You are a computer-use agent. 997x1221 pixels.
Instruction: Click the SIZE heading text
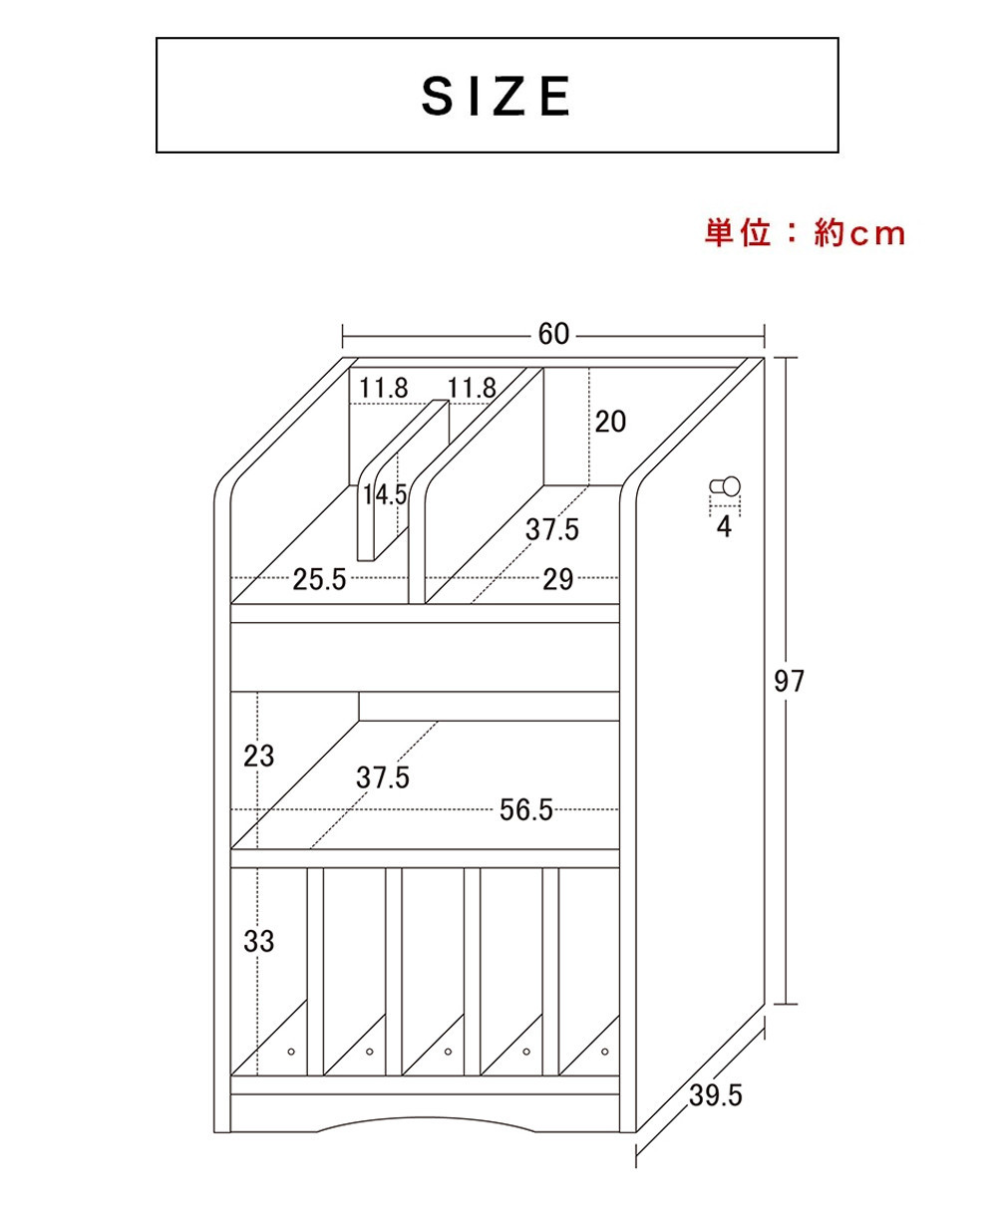coord(497,96)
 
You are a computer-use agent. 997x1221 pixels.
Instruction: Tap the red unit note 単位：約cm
coord(805,233)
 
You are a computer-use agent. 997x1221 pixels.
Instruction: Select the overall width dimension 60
coord(553,334)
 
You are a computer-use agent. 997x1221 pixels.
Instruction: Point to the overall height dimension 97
coord(790,682)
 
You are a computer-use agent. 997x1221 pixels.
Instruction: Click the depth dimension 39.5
coord(716,1095)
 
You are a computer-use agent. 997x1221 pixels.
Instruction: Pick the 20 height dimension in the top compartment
coord(610,422)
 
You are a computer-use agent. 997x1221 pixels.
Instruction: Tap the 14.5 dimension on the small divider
coord(385,495)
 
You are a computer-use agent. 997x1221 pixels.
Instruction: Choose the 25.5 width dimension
coord(319,579)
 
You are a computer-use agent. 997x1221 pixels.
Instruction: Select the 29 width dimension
coord(557,579)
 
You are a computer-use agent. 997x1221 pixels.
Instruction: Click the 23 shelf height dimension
coord(258,757)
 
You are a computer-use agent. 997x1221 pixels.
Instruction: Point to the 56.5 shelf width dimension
coord(525,810)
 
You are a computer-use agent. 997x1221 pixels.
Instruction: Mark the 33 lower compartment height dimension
coord(258,941)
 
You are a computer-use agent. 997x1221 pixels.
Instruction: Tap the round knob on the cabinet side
coord(726,486)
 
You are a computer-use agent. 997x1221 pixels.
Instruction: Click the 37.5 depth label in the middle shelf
coord(382,777)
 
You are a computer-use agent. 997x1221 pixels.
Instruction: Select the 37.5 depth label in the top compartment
coord(551,529)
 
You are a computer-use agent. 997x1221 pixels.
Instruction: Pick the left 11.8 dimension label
coord(383,388)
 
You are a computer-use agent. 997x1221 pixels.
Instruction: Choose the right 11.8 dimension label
coord(472,388)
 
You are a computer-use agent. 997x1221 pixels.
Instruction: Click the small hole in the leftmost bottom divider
coord(291,1052)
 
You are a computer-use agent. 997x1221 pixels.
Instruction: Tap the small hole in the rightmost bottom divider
coord(605,1052)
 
